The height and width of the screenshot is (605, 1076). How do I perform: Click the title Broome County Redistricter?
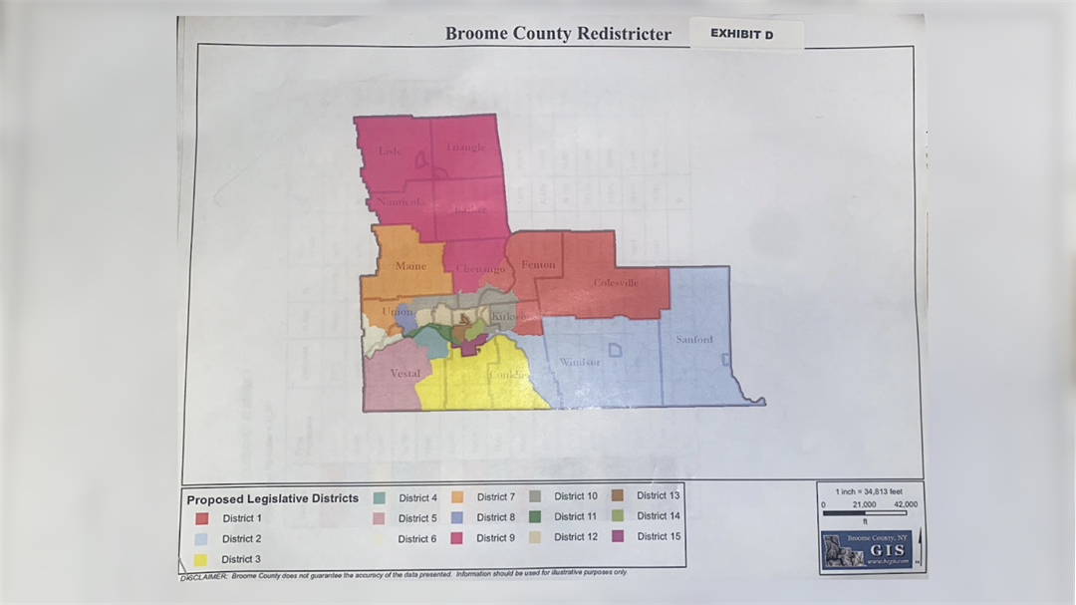click(x=558, y=34)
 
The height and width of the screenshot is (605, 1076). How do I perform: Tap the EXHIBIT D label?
click(x=741, y=34)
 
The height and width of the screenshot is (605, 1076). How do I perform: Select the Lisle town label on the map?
click(x=390, y=151)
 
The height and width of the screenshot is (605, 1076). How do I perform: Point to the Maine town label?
click(x=410, y=266)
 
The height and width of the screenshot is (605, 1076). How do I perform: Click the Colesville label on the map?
click(x=616, y=282)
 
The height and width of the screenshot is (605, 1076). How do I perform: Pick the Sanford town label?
click(x=694, y=340)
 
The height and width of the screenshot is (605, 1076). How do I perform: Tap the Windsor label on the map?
click(x=579, y=362)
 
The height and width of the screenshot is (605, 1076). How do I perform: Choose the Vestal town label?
click(x=404, y=374)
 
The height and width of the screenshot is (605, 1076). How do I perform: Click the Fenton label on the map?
click(x=538, y=265)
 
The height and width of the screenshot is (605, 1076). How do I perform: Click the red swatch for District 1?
click(x=201, y=518)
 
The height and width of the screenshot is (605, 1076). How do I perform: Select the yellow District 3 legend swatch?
click(x=201, y=559)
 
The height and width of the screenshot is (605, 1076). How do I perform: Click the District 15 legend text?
click(x=659, y=536)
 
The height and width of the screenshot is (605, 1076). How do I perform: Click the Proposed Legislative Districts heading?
click(x=272, y=498)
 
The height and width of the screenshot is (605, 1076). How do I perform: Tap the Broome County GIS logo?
click(x=866, y=549)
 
